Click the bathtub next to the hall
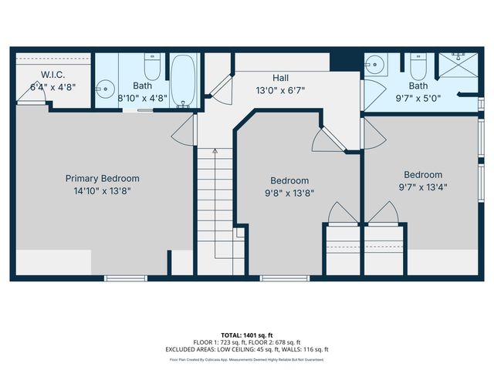[184, 81]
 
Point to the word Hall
[280, 78]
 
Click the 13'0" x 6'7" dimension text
[280, 90]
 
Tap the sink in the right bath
[374, 64]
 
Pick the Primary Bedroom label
[103, 178]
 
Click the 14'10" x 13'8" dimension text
[103, 190]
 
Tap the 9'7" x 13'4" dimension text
[422, 187]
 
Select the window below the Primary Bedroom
[125, 277]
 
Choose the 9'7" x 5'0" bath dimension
[418, 98]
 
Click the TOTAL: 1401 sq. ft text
[246, 335]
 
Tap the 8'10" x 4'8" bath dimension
[142, 98]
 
